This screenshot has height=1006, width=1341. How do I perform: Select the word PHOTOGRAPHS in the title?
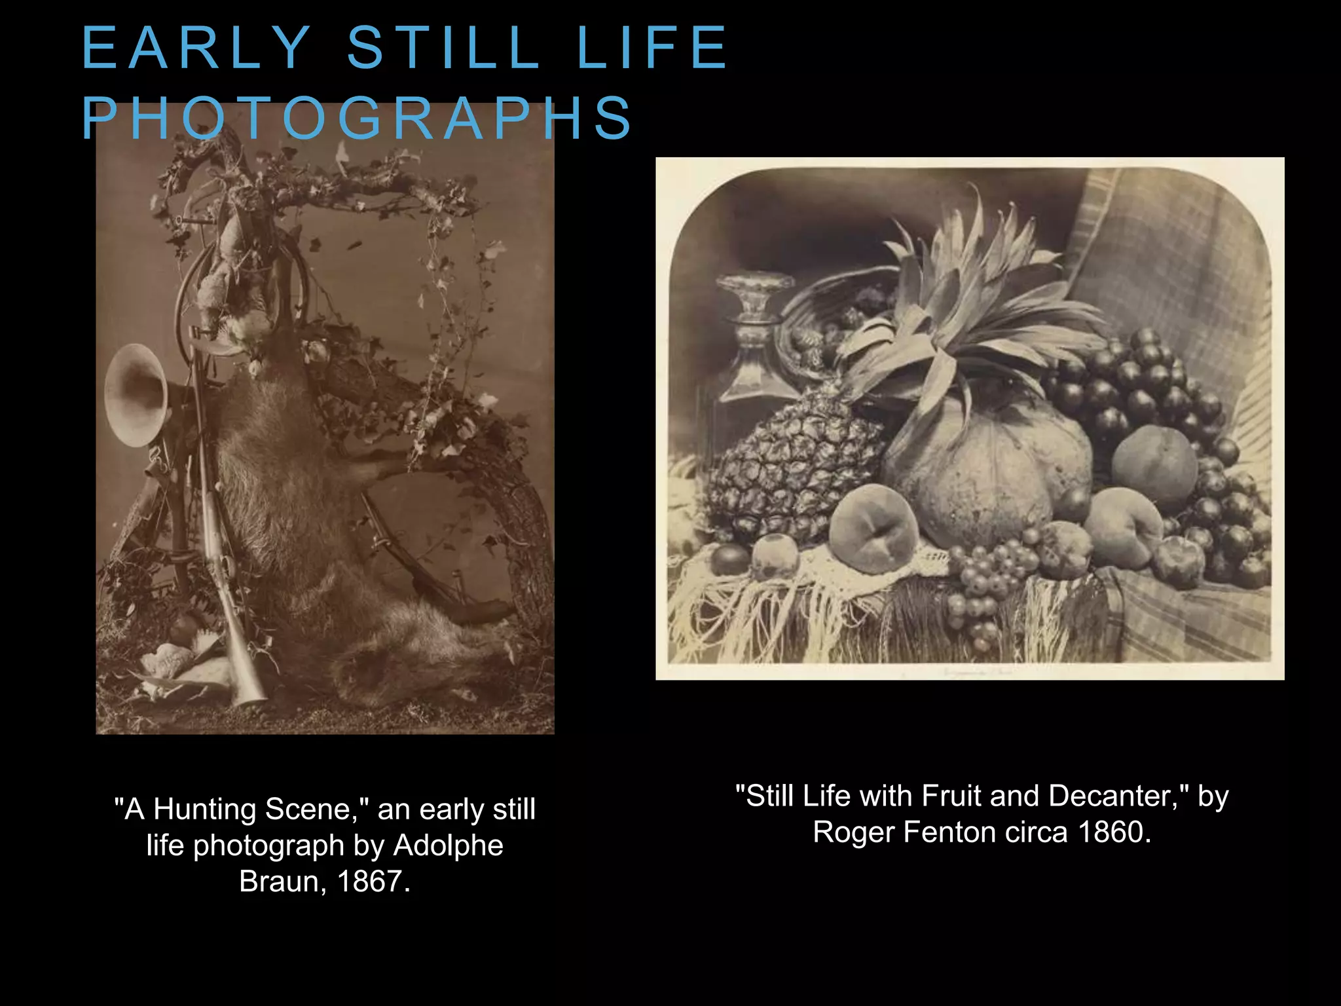click(357, 119)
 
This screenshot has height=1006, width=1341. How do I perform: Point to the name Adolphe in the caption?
click(449, 846)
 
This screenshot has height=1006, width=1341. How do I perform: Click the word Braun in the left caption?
click(278, 882)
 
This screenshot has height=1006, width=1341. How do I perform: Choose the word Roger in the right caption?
click(854, 832)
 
